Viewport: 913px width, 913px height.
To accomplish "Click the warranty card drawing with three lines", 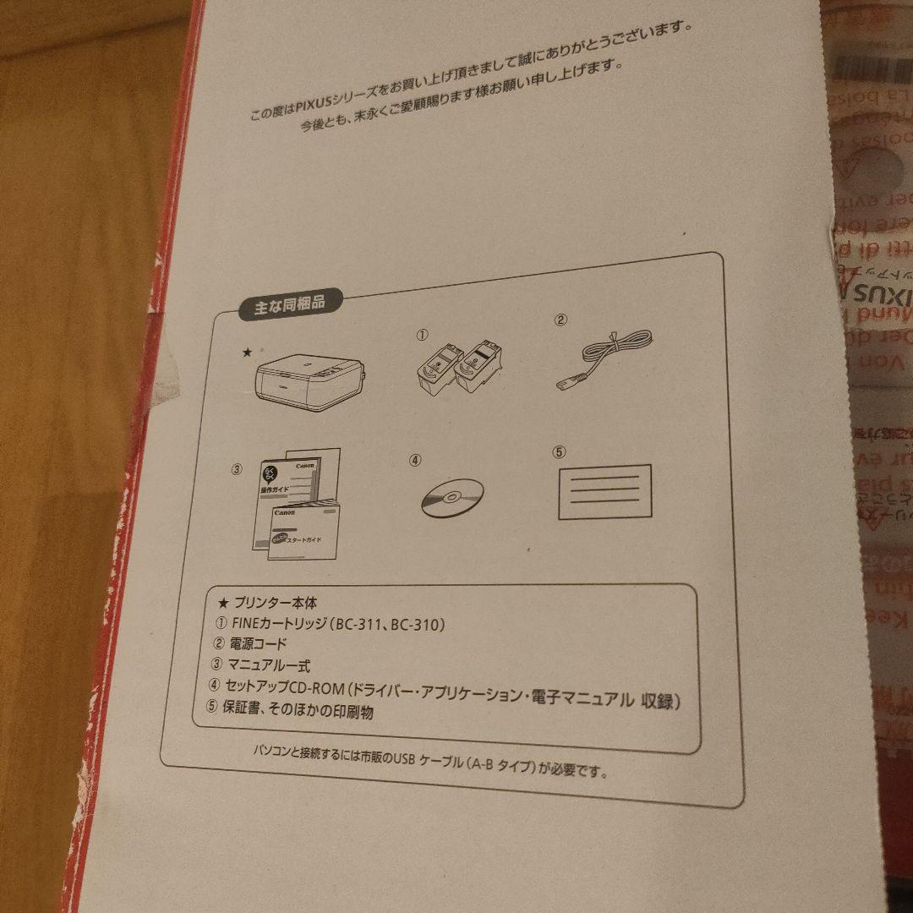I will pos(604,491).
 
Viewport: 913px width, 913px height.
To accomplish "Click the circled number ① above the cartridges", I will pos(422,334).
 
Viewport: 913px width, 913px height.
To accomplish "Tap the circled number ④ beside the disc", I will pos(414,461).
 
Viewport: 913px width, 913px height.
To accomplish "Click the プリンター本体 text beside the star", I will pos(263,603).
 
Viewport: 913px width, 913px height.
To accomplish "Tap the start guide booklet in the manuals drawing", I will pos(304,530).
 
